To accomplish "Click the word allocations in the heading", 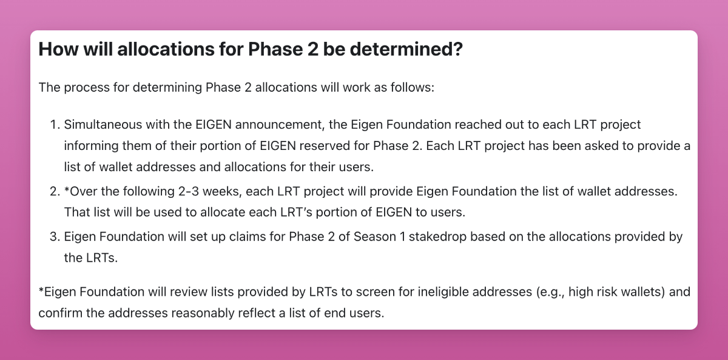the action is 166,49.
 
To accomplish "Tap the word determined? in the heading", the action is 406,49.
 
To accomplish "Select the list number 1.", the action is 55,124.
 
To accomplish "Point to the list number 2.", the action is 55,191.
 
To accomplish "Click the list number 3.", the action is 55,237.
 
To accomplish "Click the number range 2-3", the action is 189,191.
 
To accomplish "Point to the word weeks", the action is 222,192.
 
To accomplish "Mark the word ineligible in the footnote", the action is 443,292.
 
